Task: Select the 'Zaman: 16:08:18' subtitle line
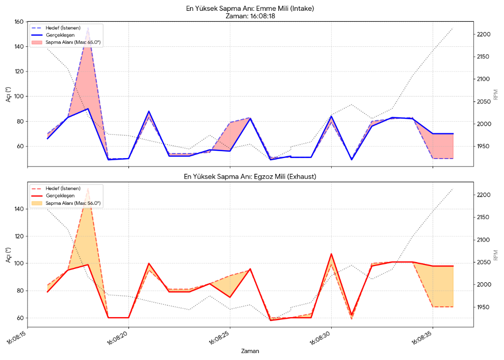point(251,16)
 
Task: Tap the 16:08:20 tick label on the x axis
point(118,338)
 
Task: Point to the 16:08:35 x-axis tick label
point(422,338)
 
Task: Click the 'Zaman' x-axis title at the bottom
point(250,351)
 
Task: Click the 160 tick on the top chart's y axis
point(19,22)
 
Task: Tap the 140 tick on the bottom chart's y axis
point(19,209)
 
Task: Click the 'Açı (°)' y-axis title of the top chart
point(8,94)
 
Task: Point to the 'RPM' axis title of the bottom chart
point(496,255)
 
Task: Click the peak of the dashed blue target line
point(88,29)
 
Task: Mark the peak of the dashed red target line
point(88,189)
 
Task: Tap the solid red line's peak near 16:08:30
point(331,254)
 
